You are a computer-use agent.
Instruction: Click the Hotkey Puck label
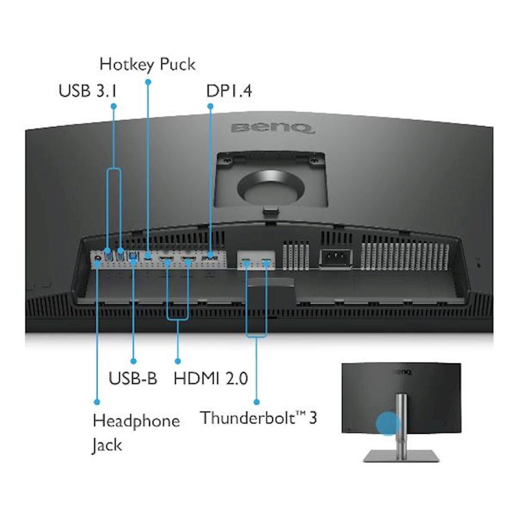(x=147, y=65)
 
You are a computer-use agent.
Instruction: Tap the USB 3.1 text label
(x=88, y=91)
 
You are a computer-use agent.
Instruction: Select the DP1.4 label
(x=229, y=91)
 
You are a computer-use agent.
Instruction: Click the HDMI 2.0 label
(x=211, y=378)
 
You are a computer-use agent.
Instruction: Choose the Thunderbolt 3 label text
(x=259, y=418)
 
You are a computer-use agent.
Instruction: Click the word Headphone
(x=136, y=421)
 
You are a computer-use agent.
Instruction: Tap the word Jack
(x=107, y=445)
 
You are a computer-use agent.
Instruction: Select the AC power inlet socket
(x=334, y=259)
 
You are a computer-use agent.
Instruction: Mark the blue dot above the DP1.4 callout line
(x=210, y=106)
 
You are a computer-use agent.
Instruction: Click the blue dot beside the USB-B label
(x=134, y=361)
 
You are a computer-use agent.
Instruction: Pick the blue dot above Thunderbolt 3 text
(x=256, y=402)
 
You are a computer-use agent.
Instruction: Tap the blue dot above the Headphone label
(x=97, y=402)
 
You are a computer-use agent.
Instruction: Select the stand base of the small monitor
(x=401, y=456)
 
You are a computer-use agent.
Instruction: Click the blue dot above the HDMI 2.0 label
(x=177, y=361)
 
